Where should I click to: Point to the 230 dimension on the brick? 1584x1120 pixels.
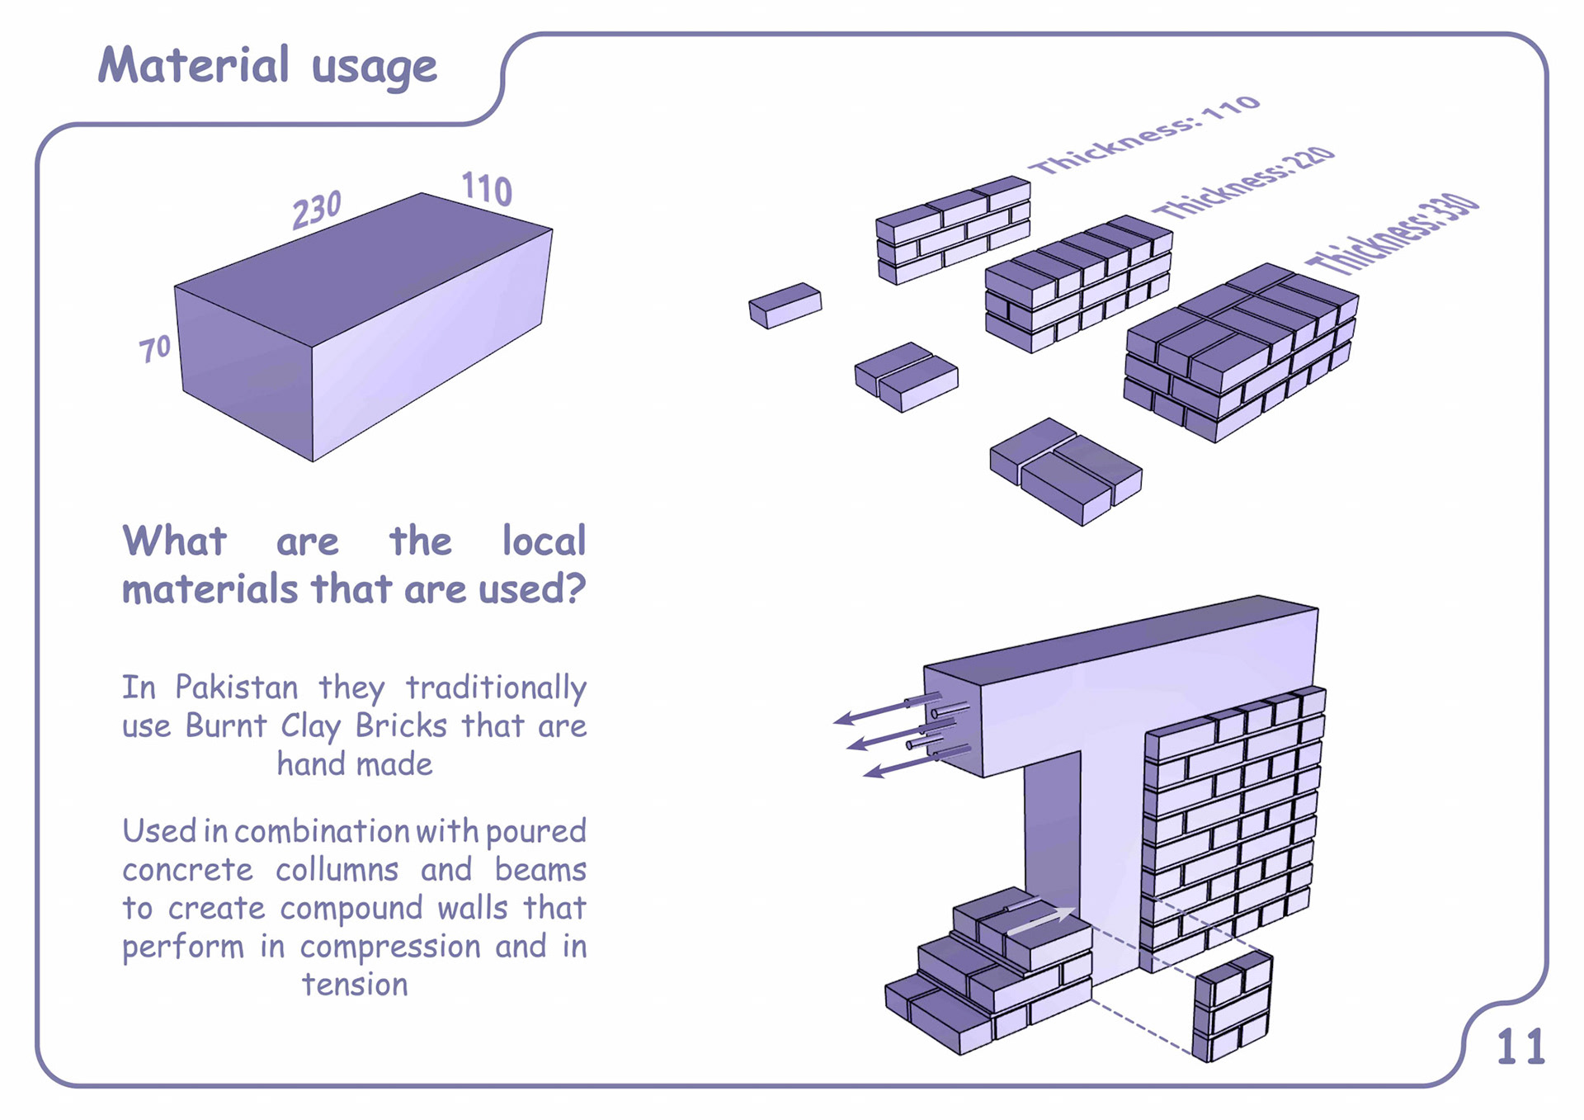pos(316,209)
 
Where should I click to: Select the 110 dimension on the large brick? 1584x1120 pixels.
pos(487,189)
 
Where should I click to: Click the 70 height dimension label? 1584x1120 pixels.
pos(154,348)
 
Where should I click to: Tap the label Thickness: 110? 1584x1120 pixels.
pos(1148,135)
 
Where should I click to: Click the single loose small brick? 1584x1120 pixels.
pos(785,305)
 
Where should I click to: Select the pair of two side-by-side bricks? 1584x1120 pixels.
pos(906,377)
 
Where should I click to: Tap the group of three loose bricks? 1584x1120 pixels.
pos(1065,471)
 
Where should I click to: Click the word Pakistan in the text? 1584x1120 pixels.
pos(237,688)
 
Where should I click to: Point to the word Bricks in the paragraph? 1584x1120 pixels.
pos(401,725)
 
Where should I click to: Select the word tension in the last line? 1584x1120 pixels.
pos(355,985)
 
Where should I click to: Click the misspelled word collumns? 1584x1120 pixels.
pos(337,870)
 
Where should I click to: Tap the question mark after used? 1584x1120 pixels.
pos(575,588)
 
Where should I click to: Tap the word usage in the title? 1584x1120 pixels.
pos(374,68)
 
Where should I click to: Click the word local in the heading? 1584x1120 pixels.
pos(544,541)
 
